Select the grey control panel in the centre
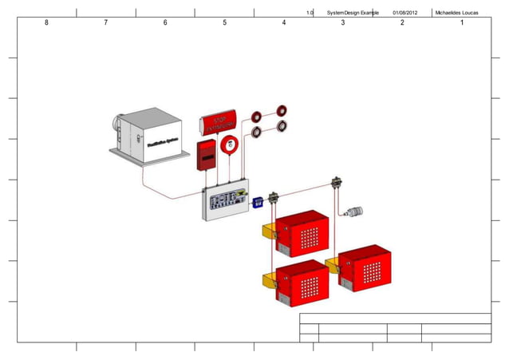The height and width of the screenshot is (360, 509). click(226, 202)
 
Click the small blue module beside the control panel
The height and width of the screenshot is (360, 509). click(258, 203)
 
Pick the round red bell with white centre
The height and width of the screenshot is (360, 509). click(231, 144)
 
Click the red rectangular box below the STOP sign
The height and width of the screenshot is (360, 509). click(207, 156)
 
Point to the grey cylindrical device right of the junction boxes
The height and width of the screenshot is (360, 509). click(353, 212)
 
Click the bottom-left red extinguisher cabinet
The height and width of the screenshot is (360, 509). click(302, 280)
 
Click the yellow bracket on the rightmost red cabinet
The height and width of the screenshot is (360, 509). click(332, 265)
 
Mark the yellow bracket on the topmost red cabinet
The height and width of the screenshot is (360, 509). click(269, 231)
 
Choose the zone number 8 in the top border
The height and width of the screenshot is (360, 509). click(46, 23)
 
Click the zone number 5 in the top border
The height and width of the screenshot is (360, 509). click(224, 23)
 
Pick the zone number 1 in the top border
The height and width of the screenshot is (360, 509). click(461, 23)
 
